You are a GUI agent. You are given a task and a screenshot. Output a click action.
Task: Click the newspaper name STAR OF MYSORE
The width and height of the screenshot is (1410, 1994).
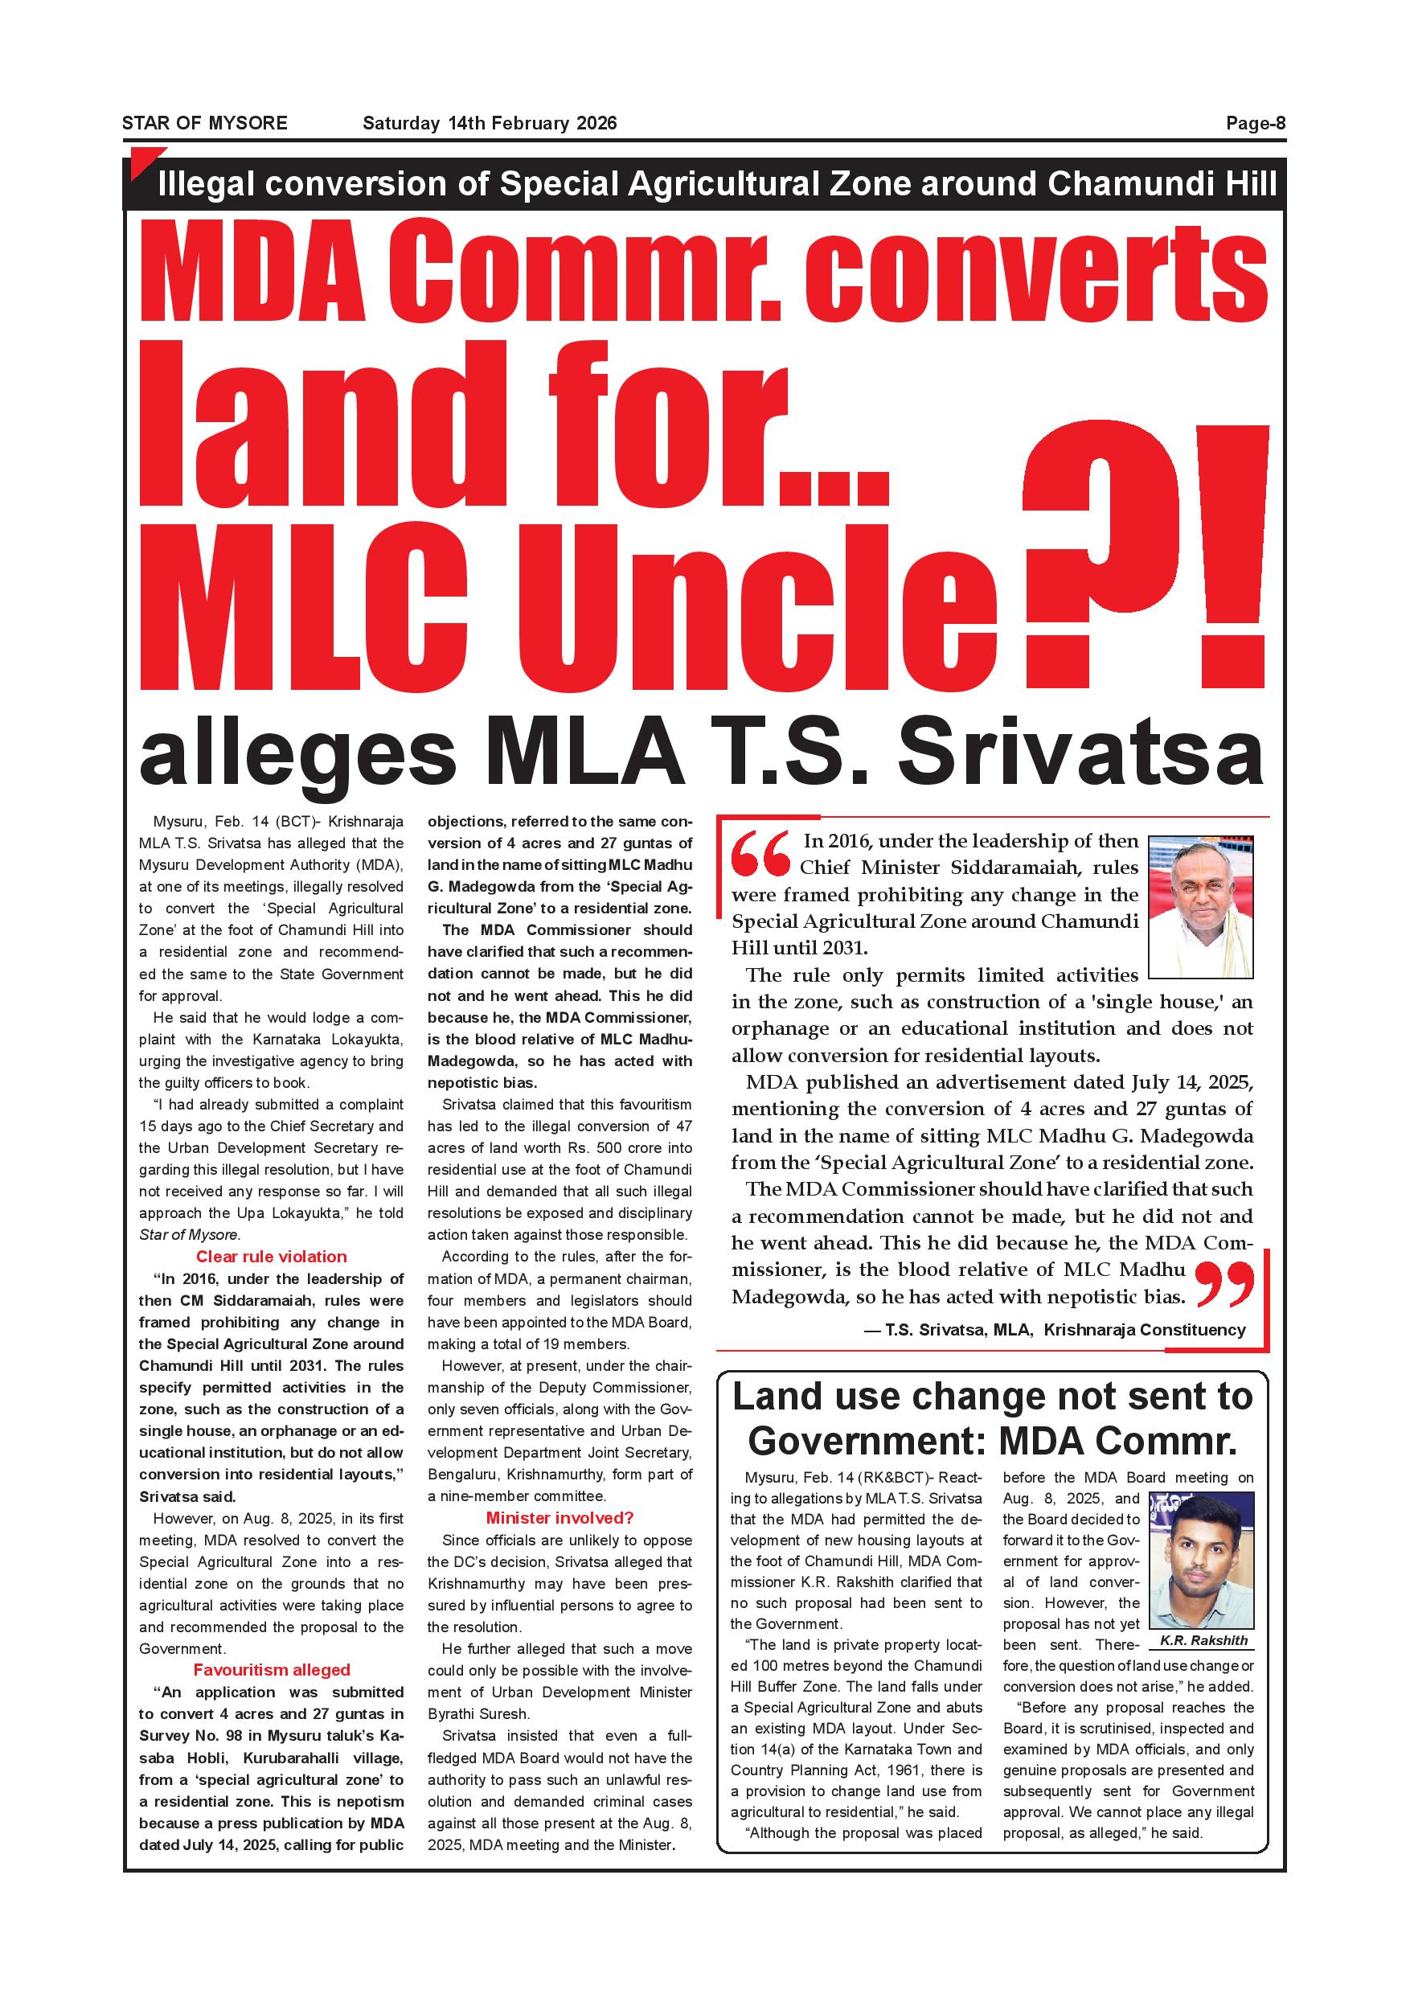click(204, 123)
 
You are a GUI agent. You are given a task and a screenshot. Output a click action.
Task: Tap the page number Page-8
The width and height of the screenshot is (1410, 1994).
click(1255, 123)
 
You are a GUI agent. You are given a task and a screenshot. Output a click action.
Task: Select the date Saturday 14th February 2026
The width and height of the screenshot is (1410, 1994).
click(490, 123)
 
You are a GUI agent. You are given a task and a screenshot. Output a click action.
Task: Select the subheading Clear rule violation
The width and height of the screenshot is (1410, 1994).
click(271, 1257)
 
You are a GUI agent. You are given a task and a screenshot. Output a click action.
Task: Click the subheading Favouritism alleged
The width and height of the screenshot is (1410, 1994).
click(271, 1669)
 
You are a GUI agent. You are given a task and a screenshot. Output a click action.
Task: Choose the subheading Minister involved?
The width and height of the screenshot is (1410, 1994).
click(559, 1517)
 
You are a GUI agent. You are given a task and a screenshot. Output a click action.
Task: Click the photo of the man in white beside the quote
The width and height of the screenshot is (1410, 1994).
click(1201, 907)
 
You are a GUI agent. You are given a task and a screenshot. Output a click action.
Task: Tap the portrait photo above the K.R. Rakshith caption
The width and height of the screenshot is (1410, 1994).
click(1201, 1560)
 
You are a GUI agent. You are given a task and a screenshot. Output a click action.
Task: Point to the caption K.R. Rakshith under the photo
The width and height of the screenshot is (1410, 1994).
click(1203, 1640)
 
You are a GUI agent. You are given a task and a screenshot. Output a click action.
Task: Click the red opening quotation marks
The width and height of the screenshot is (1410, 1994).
click(760, 855)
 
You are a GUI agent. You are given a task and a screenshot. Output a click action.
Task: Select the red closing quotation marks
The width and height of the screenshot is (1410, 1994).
click(1225, 1283)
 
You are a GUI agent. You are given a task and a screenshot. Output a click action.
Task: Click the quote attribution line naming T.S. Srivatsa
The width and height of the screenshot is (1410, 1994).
click(1054, 1330)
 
